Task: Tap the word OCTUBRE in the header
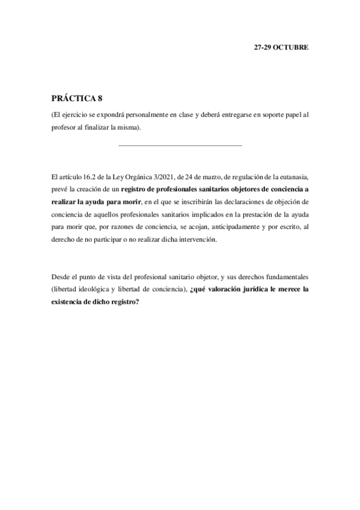(291, 47)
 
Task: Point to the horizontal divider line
(180, 145)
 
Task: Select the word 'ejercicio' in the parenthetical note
(79, 114)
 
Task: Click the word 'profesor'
(66, 127)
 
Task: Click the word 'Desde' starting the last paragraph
(61, 277)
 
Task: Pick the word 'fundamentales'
(285, 277)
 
